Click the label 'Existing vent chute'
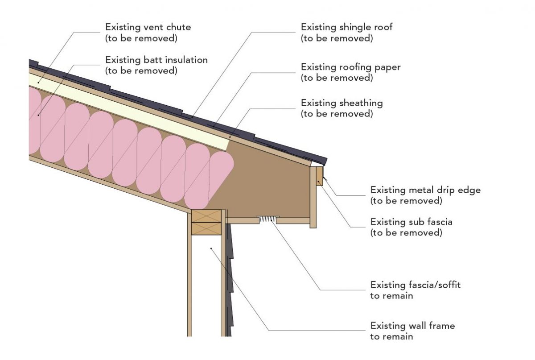tap(148, 27)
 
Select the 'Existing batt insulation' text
tap(156, 60)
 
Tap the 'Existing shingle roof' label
tap(346, 27)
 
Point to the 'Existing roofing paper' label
tap(350, 67)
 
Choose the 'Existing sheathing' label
tap(342, 103)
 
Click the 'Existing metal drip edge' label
tap(425, 190)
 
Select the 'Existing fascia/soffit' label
tap(415, 285)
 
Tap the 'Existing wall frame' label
tap(412, 326)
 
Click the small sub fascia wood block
tap(319, 177)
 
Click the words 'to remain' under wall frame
tap(391, 336)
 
